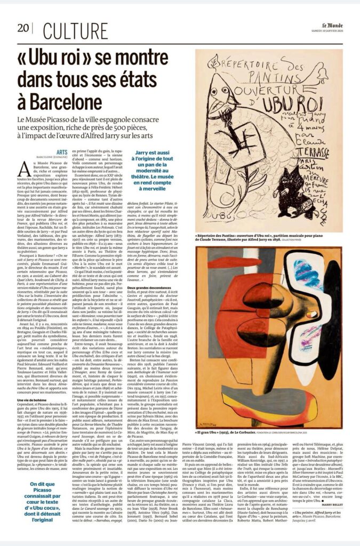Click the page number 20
pos(23,28)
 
